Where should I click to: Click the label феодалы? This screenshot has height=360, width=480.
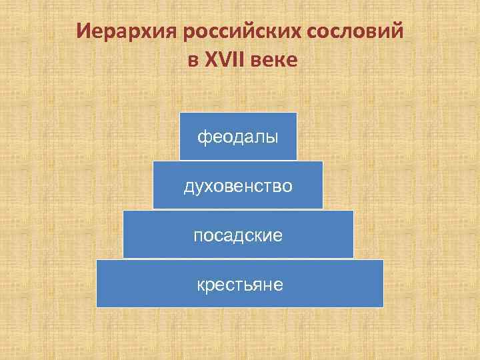coord(238,137)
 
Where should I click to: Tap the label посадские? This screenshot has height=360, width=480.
coord(238,235)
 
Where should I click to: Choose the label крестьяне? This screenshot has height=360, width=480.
coord(240,285)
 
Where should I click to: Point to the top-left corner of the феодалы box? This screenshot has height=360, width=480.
coord(180,113)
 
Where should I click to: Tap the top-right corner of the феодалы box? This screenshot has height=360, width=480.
coord(297,113)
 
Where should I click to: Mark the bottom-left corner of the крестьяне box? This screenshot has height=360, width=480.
coord(97,307)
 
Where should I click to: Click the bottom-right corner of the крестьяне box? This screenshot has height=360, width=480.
coord(383,307)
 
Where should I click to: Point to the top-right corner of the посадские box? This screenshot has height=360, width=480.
coord(353,211)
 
